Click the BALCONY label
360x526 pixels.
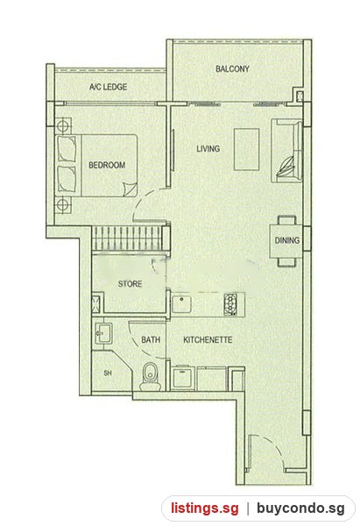click(232, 69)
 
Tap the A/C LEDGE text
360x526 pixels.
click(108, 87)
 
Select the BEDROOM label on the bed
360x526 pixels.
click(107, 165)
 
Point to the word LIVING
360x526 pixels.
click(208, 149)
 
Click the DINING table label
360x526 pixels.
click(287, 240)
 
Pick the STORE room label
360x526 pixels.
click(130, 284)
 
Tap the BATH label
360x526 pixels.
click(151, 340)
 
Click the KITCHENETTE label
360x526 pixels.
click(208, 340)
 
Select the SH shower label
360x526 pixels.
click(107, 373)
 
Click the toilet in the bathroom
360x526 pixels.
click(150, 376)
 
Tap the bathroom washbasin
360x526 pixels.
click(102, 333)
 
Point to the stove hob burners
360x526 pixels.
click(230, 304)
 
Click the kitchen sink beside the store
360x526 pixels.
click(181, 303)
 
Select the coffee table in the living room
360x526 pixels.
click(247, 150)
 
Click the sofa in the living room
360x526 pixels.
click(287, 150)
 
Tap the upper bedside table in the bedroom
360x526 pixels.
click(63, 126)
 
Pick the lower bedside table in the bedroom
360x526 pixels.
click(63, 204)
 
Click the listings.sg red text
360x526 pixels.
click(205, 508)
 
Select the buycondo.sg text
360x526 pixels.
click(300, 508)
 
